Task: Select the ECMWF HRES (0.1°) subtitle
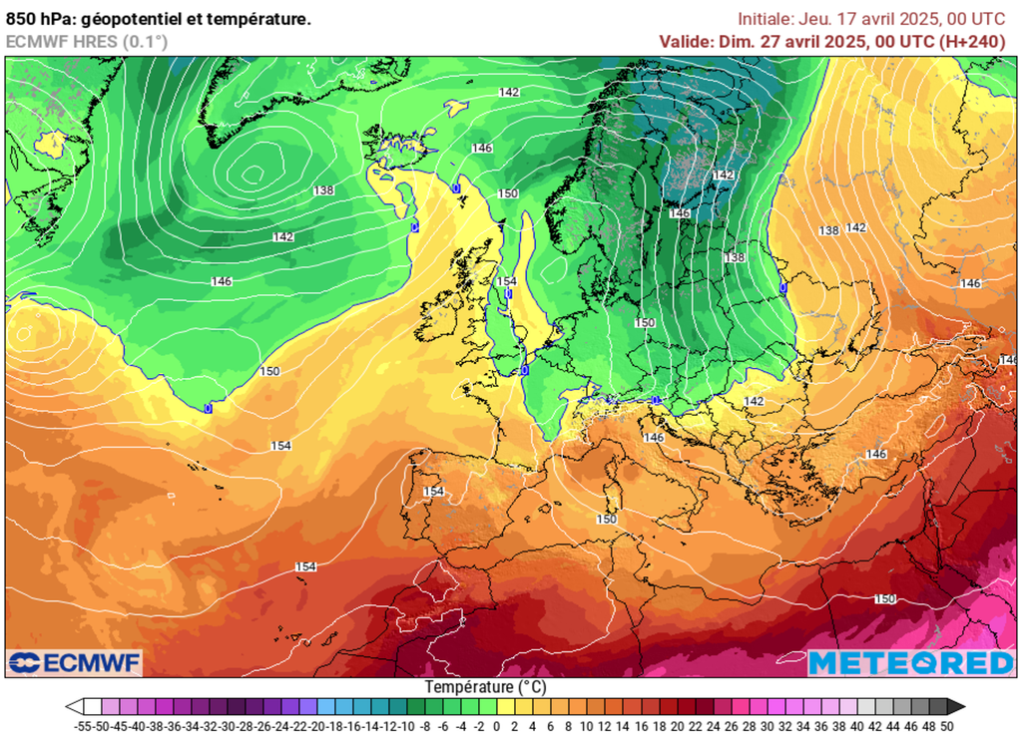coord(87,41)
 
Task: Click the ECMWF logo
coord(75,662)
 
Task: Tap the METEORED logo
coord(910,662)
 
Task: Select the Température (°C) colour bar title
coord(485,687)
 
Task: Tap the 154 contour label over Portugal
coord(433,492)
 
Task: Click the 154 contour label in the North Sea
coord(506,282)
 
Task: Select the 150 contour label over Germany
coord(645,323)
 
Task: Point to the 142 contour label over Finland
coord(724,176)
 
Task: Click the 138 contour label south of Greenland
coord(323,190)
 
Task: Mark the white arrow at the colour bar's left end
coord(73,707)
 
